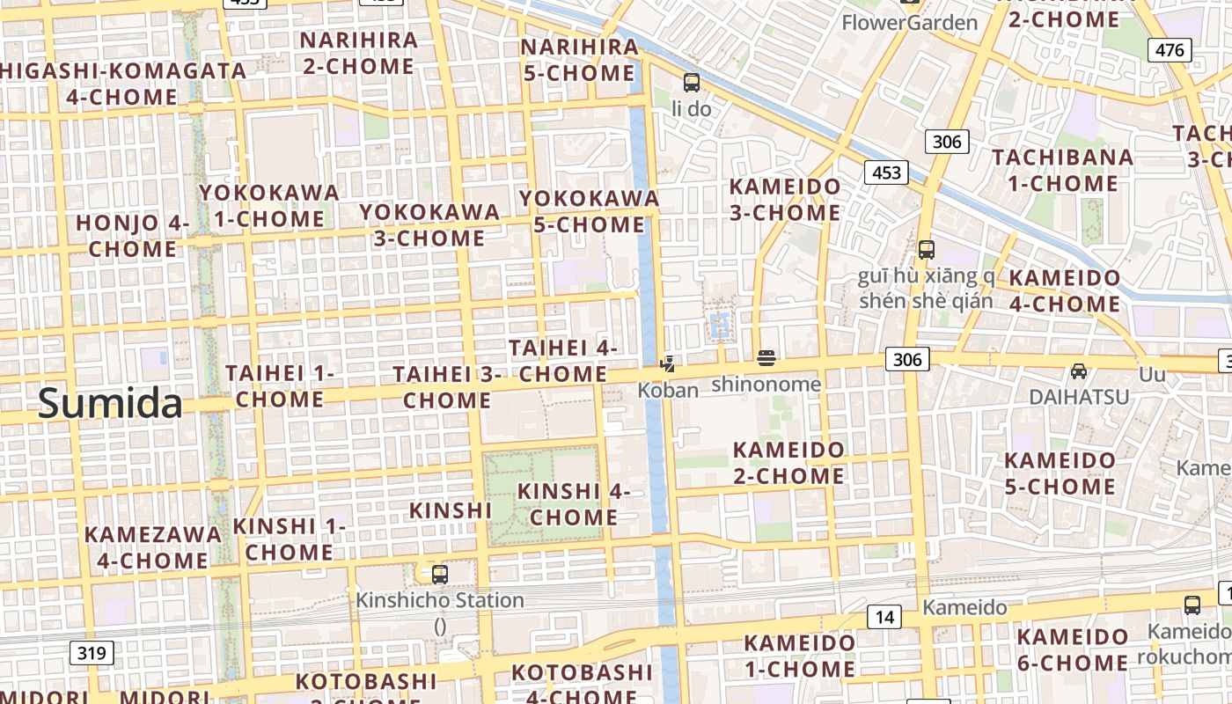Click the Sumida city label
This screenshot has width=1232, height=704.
pos(110,404)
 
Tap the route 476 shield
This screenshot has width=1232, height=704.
pos(1170,50)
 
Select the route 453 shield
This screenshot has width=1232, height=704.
pos(886,172)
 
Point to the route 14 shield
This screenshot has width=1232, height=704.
pos(884,617)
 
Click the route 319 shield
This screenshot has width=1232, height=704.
pos(91,653)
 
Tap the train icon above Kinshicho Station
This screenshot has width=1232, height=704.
pos(440,575)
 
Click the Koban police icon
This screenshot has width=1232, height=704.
pos(668,363)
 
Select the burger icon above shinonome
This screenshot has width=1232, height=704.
pos(766,358)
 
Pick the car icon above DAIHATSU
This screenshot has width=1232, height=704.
pos(1079,371)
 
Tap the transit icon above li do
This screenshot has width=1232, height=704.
pos(692,83)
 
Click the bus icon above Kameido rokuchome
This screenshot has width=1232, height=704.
pos(1192,605)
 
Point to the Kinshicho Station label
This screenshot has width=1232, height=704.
pos(440,601)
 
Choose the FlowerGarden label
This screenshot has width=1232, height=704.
pos(910,23)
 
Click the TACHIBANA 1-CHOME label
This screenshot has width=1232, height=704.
pos(1063,171)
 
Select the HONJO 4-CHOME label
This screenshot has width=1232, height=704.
pos(132,236)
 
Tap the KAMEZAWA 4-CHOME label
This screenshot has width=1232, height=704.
pos(152,547)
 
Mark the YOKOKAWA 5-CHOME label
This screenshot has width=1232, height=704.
pos(589,211)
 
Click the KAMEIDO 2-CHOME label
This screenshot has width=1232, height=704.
pos(788,463)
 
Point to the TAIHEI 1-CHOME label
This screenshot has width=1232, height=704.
pos(280,386)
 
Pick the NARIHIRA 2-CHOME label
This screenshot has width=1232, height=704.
pos(358,53)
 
